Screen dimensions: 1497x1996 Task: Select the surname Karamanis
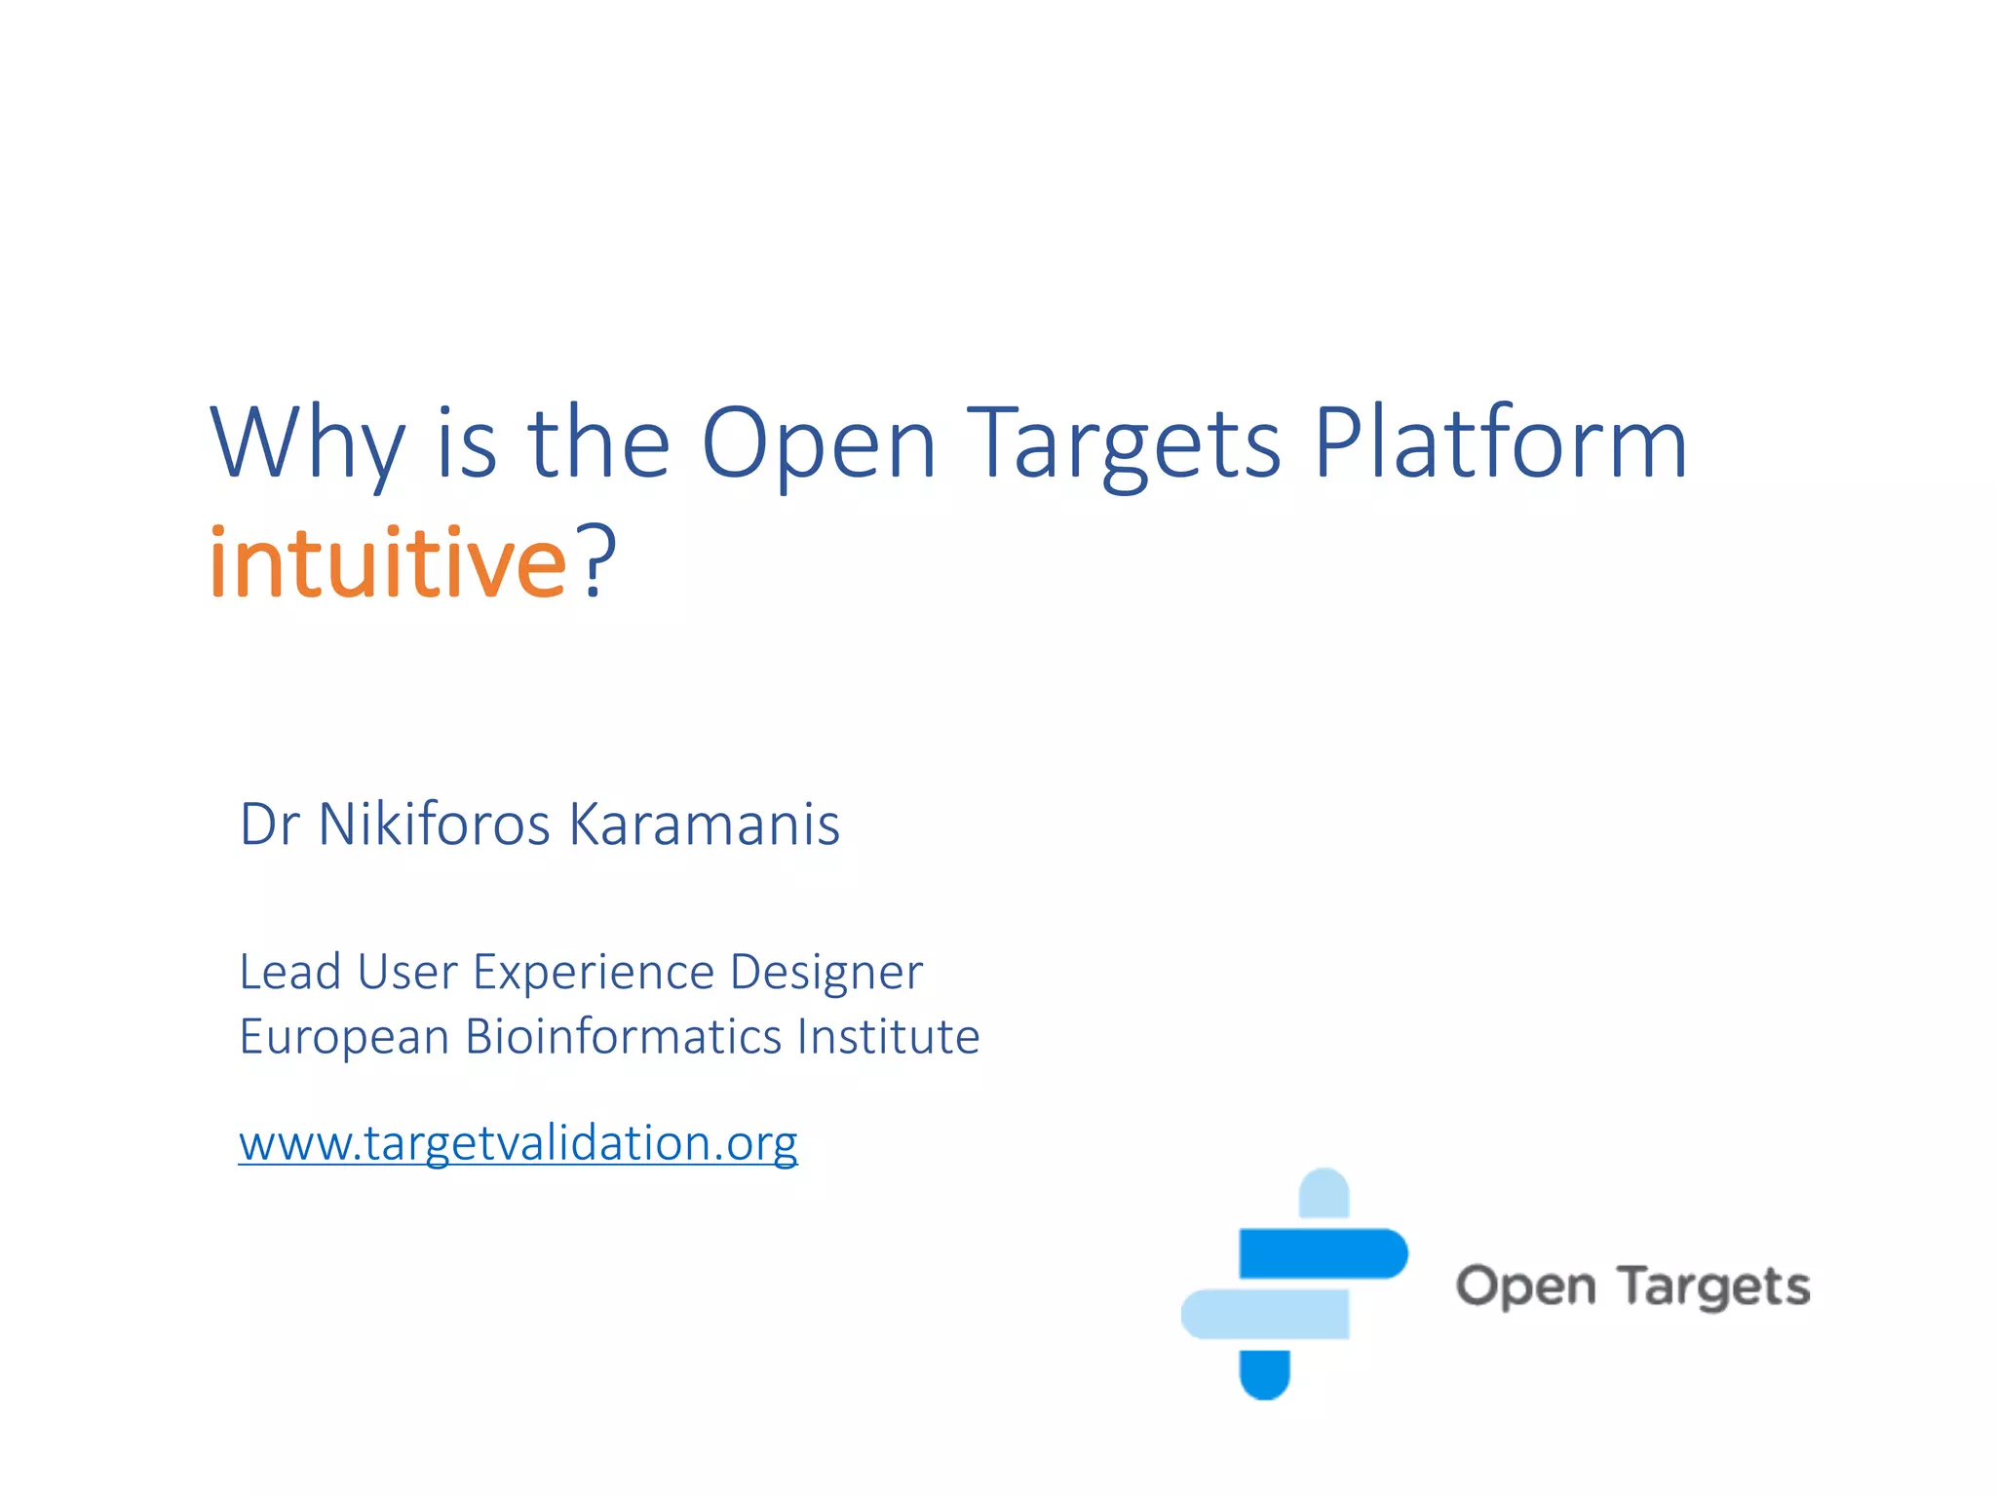tap(704, 825)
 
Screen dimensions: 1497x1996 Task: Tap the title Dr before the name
tap(269, 825)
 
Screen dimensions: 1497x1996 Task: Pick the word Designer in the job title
tap(825, 973)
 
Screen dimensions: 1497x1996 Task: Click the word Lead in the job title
tap(289, 973)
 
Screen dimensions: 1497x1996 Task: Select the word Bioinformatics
tap(624, 1036)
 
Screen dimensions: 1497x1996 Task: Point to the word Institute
tap(888, 1036)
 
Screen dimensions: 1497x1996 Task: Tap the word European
tap(344, 1038)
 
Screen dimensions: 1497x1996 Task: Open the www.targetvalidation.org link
tap(518, 1143)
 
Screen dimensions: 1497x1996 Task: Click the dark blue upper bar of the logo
tap(1323, 1253)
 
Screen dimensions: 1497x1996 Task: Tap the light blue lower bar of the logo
tap(1265, 1314)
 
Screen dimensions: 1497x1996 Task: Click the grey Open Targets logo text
tap(1632, 1286)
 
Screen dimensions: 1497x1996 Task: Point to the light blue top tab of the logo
tap(1324, 1193)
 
